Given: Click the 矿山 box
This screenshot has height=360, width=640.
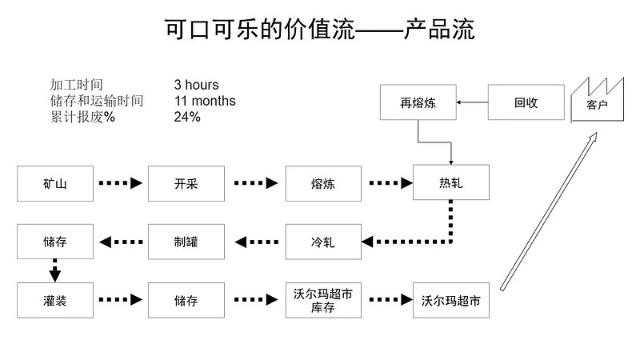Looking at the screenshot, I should tap(54, 183).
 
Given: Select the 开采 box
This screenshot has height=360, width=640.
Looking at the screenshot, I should tap(186, 183).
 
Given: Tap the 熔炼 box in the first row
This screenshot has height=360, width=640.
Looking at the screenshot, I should tap(322, 183).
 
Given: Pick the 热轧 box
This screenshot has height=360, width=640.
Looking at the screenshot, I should tap(451, 183).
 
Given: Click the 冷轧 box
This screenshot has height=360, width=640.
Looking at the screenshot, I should tap(322, 241).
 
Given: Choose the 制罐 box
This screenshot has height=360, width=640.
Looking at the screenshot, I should tap(186, 241).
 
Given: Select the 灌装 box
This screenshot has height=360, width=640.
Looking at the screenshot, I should tap(54, 300).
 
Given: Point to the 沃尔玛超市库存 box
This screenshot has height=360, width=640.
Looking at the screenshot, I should tap(322, 300).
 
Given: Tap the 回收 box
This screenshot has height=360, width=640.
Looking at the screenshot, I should tap(525, 102).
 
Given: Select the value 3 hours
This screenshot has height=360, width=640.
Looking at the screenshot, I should tap(196, 85).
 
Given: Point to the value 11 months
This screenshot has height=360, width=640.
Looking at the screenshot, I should tap(205, 101).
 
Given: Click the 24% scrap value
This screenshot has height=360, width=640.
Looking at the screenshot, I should tap(187, 117).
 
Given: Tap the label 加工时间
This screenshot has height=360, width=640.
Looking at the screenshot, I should tap(76, 85).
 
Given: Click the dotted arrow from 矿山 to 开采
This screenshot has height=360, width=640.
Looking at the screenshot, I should tap(120, 183).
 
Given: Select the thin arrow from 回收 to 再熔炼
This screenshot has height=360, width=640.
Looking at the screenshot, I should tap(473, 102).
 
